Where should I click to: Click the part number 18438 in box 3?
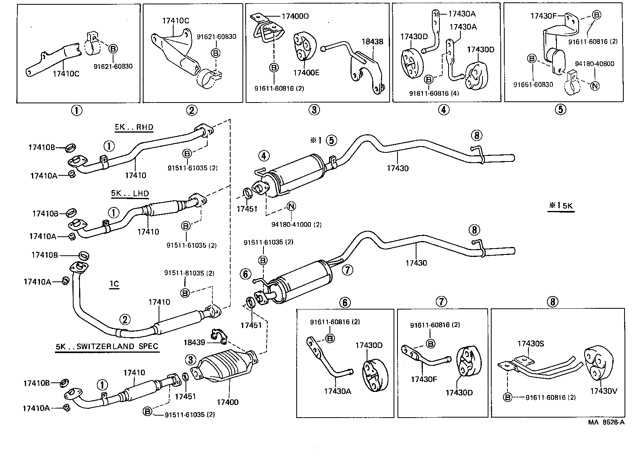pyautogui.click(x=372, y=42)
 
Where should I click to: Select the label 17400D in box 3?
pyautogui.click(x=295, y=16)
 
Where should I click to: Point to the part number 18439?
pyautogui.click(x=194, y=342)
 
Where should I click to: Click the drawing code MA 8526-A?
pyautogui.click(x=606, y=422)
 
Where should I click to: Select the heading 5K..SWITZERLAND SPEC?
pyautogui.click(x=107, y=346)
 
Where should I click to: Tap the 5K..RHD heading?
pyautogui.click(x=134, y=127)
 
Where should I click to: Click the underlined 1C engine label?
pyautogui.click(x=114, y=284)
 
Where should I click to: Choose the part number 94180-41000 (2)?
pyautogui.click(x=296, y=224)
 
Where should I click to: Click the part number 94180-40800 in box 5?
pyautogui.click(x=594, y=64)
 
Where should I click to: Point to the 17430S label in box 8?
pyautogui.click(x=531, y=344)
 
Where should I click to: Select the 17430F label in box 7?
pyautogui.click(x=424, y=379)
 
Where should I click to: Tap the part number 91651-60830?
pyautogui.click(x=533, y=84)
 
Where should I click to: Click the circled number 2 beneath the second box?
pyautogui.click(x=192, y=110)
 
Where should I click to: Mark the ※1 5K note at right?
pyautogui.click(x=560, y=205)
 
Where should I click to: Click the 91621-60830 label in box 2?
pyautogui.click(x=216, y=36)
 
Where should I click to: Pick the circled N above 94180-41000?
pyautogui.click(x=291, y=206)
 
